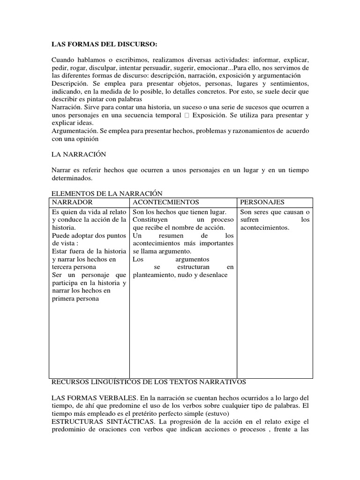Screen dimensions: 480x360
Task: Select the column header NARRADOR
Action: coord(72,202)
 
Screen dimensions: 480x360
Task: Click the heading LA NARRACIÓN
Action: coord(79,154)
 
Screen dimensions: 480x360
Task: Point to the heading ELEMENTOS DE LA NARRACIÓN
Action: coord(106,193)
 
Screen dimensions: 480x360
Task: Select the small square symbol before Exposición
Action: coord(187,115)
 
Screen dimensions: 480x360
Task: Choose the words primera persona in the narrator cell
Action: coord(75,299)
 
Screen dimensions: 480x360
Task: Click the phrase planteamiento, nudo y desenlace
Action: coord(180,275)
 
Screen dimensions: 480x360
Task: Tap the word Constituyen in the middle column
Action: coord(152,220)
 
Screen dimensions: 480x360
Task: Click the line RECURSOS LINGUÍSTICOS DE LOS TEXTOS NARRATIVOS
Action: coord(149,382)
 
